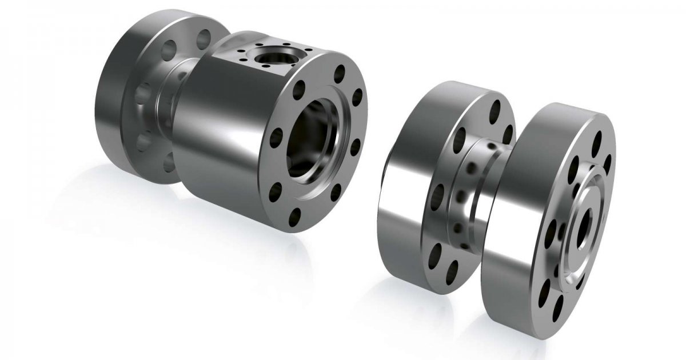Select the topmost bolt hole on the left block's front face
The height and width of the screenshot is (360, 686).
340,73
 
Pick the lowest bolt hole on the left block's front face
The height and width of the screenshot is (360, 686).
295,217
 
